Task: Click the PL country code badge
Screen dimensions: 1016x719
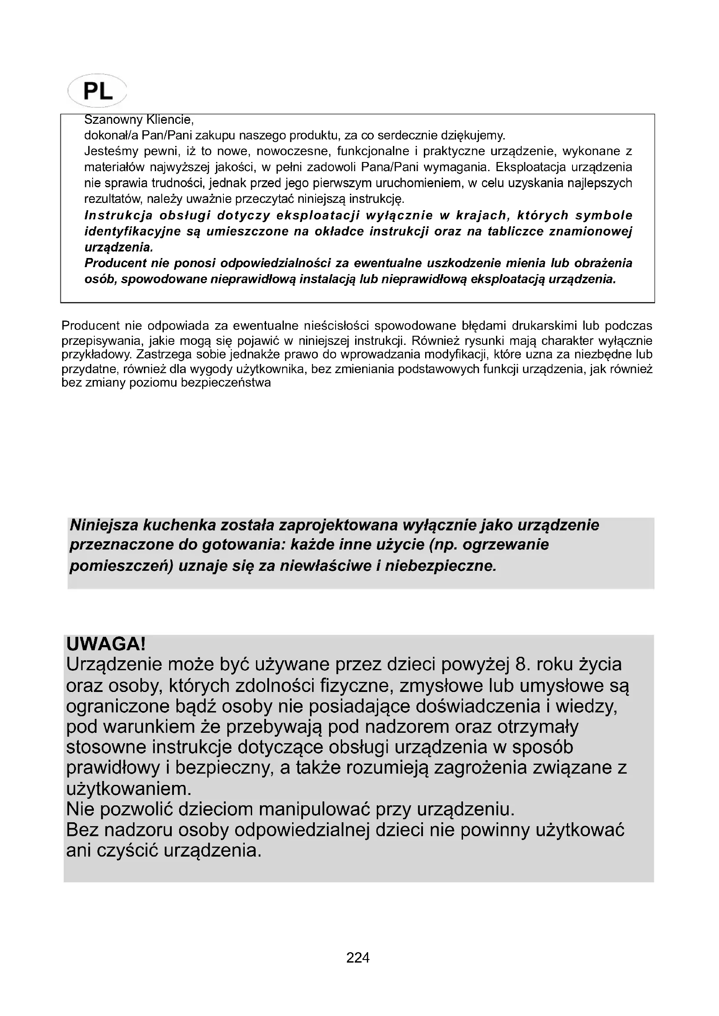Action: tap(97, 91)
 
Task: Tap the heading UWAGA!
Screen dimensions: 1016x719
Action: tap(106, 644)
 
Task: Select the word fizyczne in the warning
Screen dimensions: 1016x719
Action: tap(357, 685)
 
